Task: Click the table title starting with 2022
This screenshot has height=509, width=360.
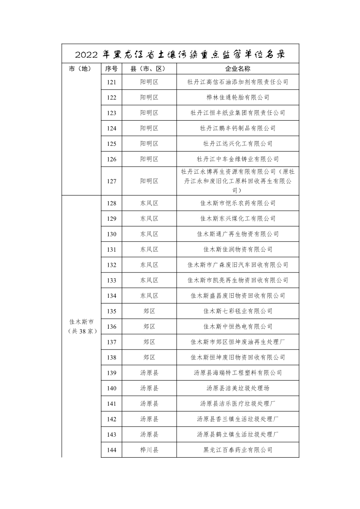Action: click(x=180, y=55)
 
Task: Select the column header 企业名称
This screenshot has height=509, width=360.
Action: click(x=238, y=69)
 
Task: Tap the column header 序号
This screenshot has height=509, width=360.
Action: click(x=112, y=69)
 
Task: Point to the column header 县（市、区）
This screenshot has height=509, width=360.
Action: click(x=149, y=69)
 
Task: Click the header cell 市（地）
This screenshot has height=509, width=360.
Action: click(x=81, y=69)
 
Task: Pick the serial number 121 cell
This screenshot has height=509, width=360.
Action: click(x=112, y=82)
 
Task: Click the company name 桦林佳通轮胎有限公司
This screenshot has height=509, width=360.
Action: click(x=238, y=98)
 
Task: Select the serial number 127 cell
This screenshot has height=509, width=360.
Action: click(x=112, y=181)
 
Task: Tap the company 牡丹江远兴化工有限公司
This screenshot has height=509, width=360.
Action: click(x=238, y=144)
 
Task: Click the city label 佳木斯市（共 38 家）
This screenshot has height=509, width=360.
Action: click(x=81, y=326)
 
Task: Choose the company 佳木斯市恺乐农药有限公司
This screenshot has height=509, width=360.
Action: click(x=238, y=203)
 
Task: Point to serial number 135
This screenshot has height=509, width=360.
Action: click(x=112, y=311)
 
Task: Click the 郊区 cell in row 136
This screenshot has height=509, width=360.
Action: click(x=149, y=327)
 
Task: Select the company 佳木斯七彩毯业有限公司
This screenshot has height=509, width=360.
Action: click(x=238, y=311)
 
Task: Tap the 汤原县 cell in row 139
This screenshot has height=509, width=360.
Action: click(x=149, y=373)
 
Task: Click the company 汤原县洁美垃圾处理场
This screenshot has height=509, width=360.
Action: click(x=238, y=388)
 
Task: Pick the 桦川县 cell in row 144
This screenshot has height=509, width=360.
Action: click(x=149, y=450)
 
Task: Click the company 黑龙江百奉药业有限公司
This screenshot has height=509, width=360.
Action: click(x=238, y=450)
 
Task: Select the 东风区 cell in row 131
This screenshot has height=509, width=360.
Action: click(x=149, y=249)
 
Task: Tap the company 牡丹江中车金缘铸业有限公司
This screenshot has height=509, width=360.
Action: click(x=238, y=159)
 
